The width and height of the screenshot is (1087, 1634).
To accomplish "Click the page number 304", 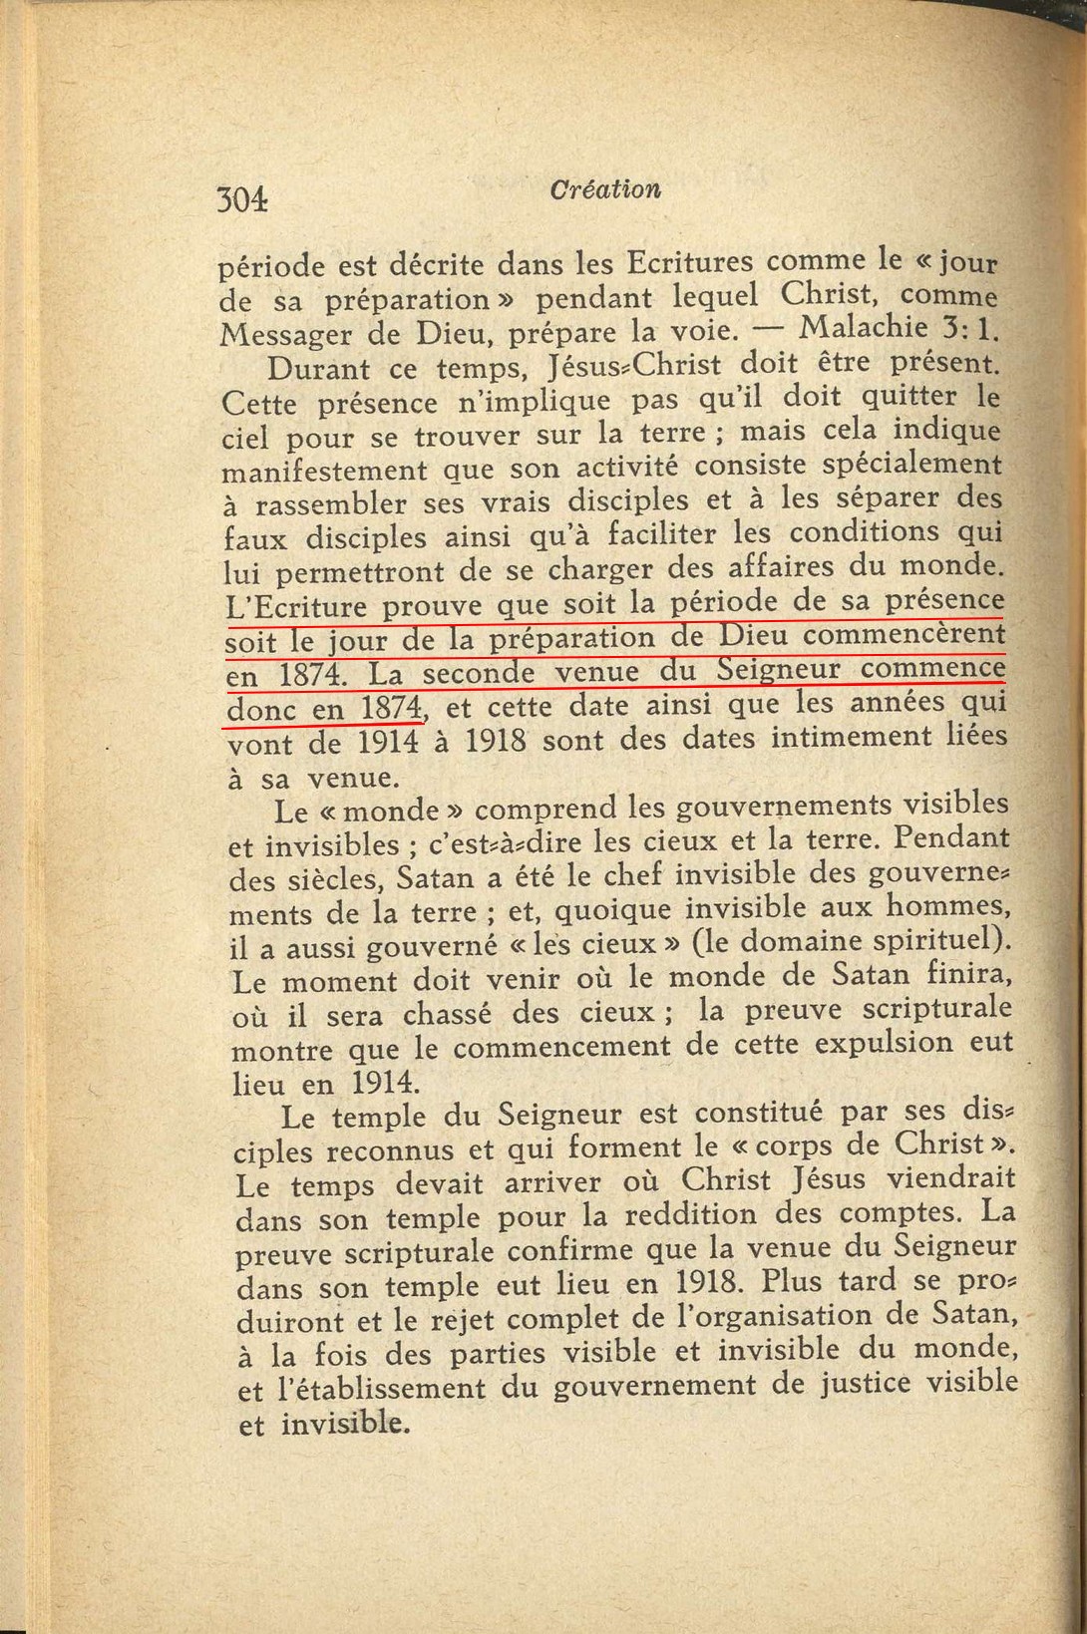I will click(243, 198).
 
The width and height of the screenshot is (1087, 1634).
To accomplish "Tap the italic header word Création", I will click(604, 188).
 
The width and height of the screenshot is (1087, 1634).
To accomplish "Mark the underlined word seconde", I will click(478, 673).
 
